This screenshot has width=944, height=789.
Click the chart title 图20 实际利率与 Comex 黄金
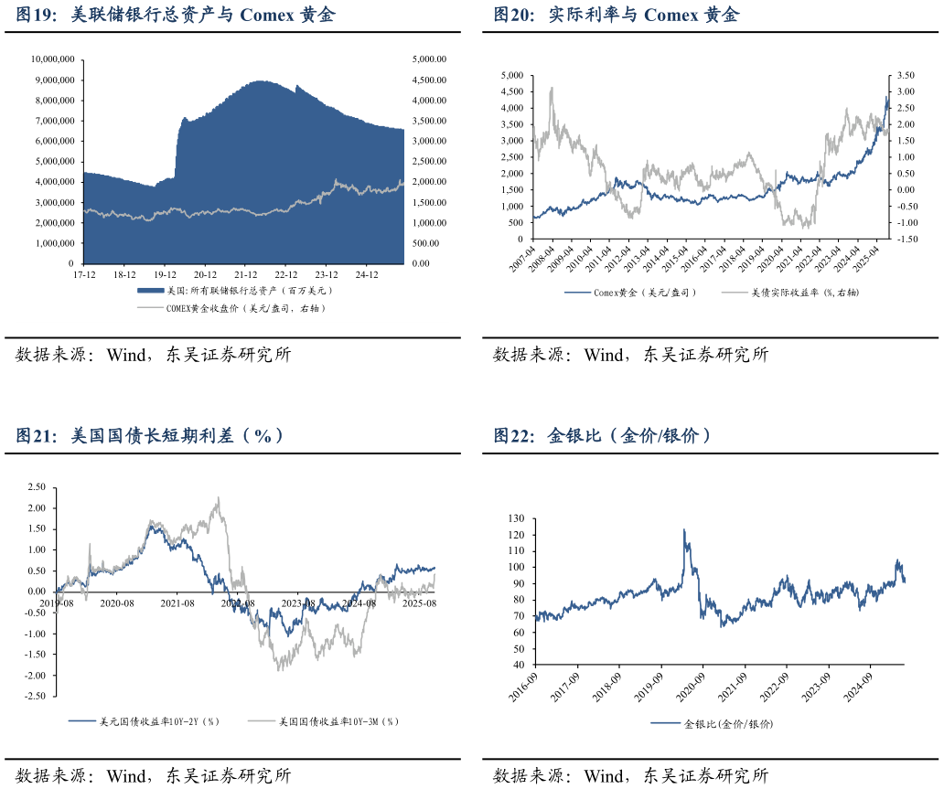(616, 16)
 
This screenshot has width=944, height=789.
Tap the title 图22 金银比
(602, 436)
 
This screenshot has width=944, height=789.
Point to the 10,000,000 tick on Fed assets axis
(52, 59)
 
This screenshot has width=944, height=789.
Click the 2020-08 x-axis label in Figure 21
(118, 603)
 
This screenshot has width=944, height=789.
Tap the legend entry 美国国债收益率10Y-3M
(338, 721)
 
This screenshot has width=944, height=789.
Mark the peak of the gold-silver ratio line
(683, 528)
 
